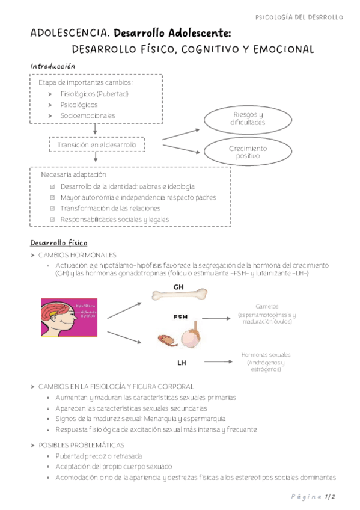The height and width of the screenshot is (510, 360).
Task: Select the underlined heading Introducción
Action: (53, 66)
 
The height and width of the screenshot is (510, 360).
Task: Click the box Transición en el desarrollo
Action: (97, 145)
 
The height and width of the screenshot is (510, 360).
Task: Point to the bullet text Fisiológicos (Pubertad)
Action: (94, 94)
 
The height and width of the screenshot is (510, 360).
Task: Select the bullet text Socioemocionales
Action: (88, 115)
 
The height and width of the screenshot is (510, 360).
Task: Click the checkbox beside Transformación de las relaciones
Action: (53, 209)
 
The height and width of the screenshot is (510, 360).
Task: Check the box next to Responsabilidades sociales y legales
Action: (53, 220)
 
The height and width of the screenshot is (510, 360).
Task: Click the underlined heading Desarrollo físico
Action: (59, 243)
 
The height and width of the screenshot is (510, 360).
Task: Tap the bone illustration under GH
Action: (179, 296)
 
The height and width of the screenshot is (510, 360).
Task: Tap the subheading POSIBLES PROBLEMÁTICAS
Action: (81, 445)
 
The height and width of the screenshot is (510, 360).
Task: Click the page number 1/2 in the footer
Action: (330, 497)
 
